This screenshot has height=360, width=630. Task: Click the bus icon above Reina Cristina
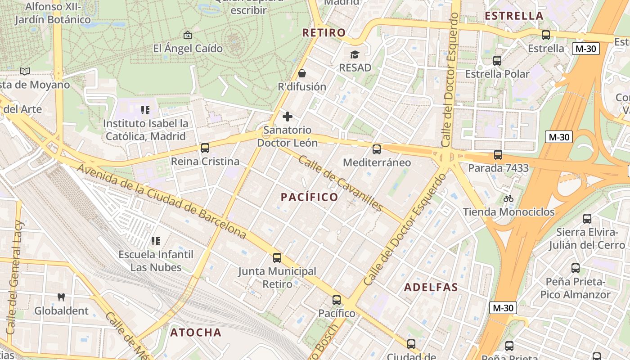[205, 148]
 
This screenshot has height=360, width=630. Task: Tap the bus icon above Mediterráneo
[377, 149]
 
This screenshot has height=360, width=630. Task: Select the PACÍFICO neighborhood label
[310, 197]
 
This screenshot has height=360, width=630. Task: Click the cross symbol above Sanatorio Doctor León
[288, 117]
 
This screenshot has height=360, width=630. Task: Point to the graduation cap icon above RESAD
[355, 55]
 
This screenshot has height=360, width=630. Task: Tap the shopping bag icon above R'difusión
[302, 73]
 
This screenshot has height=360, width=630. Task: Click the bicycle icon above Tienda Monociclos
[508, 198]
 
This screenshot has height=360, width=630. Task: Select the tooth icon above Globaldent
[61, 297]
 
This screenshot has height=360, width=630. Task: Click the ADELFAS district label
[431, 287]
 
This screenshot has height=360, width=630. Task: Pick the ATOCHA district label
[196, 333]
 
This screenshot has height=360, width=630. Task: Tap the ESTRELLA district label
[514, 16]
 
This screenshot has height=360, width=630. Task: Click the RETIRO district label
[324, 32]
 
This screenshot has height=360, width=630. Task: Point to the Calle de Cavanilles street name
[341, 184]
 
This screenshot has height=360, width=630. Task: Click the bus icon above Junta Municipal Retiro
[277, 258]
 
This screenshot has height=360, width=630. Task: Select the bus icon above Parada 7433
[498, 155]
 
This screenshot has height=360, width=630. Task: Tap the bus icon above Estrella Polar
[497, 61]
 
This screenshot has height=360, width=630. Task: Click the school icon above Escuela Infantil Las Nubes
[156, 241]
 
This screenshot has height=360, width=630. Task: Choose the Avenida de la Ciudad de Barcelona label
[162, 202]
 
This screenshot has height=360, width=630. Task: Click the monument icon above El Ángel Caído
[188, 35]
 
